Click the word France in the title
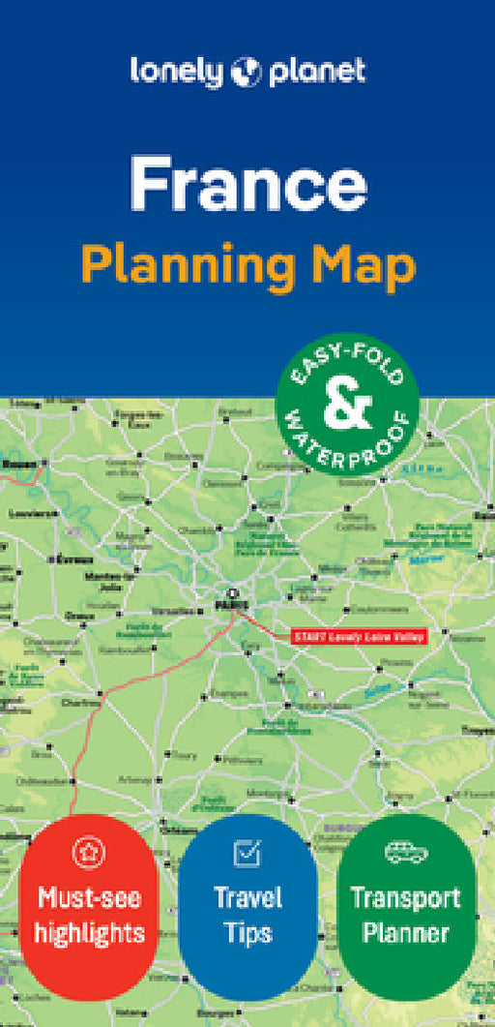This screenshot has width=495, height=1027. pos(248,185)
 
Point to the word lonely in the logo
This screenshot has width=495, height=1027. pos(178,71)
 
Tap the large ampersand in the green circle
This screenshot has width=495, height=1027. pos(347,407)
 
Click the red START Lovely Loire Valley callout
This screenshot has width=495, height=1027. pos(358,636)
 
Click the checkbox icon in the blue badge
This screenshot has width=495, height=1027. pos(247,853)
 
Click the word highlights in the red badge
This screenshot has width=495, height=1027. pos(91,933)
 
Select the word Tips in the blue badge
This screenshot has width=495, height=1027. pos(248,933)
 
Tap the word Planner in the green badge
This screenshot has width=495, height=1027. pos(406,933)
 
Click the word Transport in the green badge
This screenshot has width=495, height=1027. pos(406,898)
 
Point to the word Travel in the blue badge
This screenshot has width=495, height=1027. pos(248,898)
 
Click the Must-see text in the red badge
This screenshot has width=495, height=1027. pos(90,898)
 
